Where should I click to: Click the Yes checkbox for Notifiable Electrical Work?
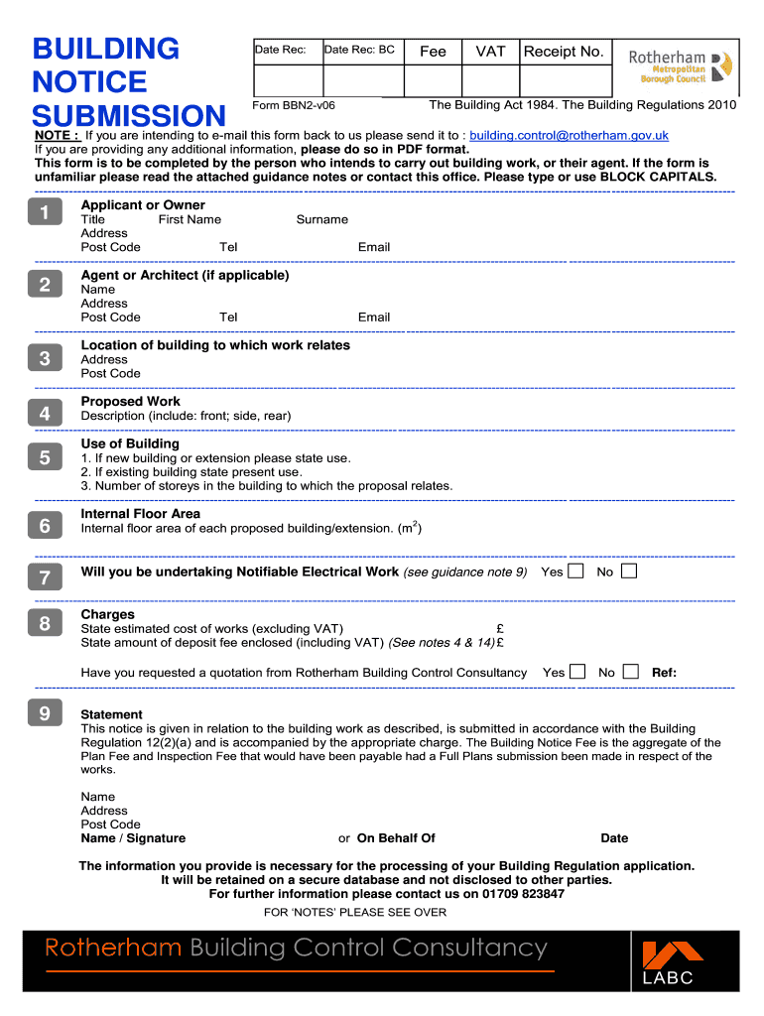[575, 571]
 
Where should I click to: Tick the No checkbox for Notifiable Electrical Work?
[628, 571]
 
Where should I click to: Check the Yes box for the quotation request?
[577, 672]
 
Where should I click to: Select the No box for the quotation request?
[630, 672]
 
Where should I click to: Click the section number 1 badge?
[45, 211]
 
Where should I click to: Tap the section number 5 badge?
[45, 457]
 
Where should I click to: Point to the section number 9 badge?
[45, 713]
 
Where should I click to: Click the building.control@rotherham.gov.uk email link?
[569, 135]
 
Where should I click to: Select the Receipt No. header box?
[564, 52]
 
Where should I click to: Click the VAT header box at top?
[490, 52]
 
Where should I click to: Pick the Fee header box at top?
[433, 52]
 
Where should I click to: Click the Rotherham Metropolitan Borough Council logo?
[683, 65]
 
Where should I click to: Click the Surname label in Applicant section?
[321, 219]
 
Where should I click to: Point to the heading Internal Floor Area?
[140, 514]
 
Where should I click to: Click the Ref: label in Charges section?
[664, 673]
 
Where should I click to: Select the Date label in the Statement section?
[614, 838]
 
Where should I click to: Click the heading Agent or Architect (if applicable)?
[185, 275]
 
